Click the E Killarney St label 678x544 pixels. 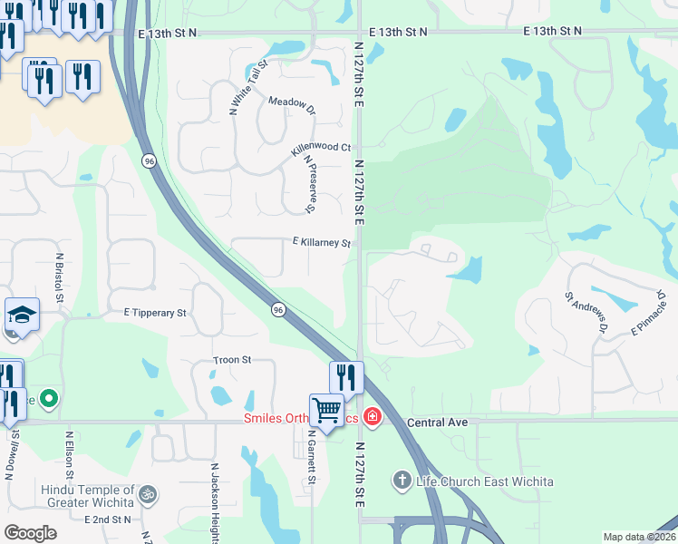click(x=321, y=243)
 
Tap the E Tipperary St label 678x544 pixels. click(x=155, y=312)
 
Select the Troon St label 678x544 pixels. click(x=232, y=360)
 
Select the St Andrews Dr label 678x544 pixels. click(x=585, y=311)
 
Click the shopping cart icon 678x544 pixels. click(x=325, y=408)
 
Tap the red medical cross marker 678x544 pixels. click(x=371, y=417)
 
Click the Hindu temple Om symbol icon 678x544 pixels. click(x=148, y=496)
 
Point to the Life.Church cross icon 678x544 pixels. click(x=403, y=479)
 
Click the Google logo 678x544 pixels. click(x=30, y=533)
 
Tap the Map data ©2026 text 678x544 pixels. click(x=636, y=537)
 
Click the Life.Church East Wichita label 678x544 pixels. click(x=485, y=481)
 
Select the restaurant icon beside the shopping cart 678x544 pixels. click(x=345, y=375)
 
